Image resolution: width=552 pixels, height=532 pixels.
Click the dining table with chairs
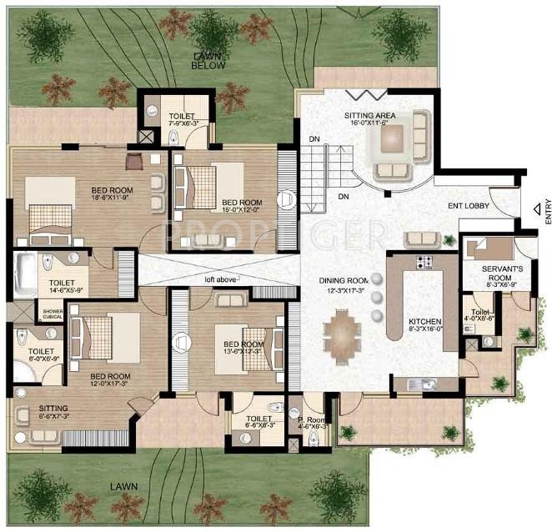click(x=342, y=336)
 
